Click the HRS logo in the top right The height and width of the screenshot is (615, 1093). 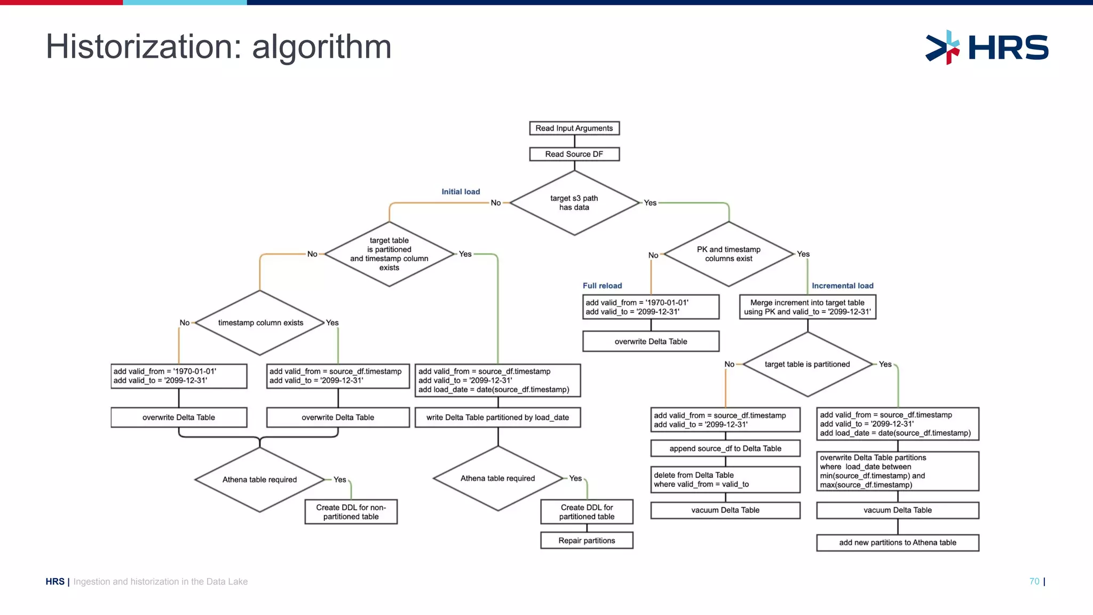987,48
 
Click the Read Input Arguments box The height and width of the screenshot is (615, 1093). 574,128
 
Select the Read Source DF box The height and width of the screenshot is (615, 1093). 574,154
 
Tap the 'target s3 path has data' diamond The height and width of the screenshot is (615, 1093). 574,203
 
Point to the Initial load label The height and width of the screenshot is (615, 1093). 461,192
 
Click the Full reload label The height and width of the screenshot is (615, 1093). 602,286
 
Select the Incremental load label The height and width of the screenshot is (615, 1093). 842,286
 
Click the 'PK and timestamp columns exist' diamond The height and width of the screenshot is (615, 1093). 728,254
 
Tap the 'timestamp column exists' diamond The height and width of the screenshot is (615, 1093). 260,322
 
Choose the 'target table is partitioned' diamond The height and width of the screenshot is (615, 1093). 807,364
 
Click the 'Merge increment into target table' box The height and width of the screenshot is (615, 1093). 807,307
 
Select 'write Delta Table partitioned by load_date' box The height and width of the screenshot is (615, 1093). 497,417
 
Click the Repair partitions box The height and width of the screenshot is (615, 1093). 587,540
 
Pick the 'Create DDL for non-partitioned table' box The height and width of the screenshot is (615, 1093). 351,512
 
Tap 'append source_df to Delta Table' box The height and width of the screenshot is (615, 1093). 725,448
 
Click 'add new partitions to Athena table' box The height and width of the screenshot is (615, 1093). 897,542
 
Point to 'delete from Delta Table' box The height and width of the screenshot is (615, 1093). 725,479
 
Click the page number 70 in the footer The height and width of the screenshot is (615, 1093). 1034,581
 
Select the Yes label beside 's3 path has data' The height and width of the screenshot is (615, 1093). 650,203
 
